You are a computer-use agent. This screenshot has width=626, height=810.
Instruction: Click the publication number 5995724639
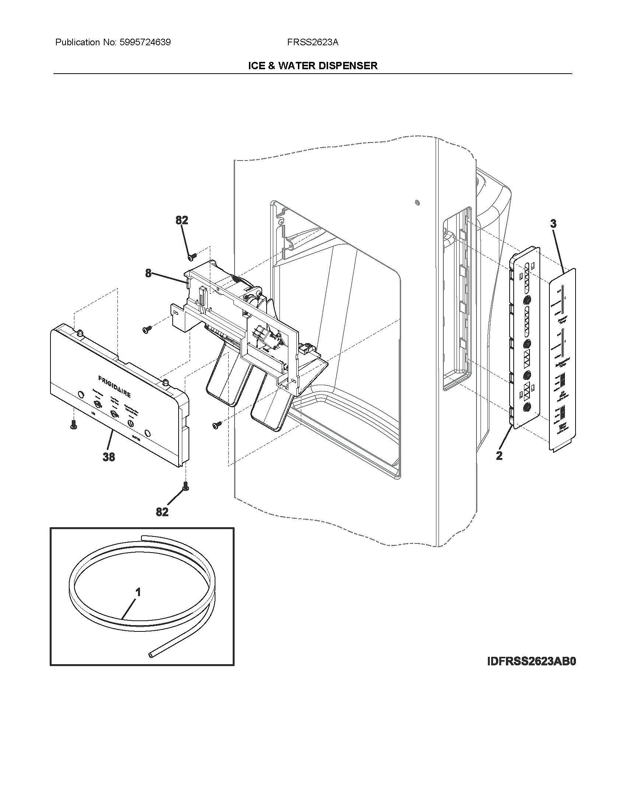tap(145, 42)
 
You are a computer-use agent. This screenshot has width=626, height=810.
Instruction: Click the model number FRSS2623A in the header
tap(312, 42)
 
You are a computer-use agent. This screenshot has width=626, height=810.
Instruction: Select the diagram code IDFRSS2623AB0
tap(531, 661)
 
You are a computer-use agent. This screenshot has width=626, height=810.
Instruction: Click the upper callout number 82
tap(182, 220)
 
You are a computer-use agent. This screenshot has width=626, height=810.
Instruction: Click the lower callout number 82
tap(162, 512)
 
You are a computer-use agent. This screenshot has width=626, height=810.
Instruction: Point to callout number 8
tap(148, 274)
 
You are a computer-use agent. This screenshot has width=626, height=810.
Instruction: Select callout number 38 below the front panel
tap(109, 457)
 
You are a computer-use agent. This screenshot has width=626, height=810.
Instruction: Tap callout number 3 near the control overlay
tap(553, 223)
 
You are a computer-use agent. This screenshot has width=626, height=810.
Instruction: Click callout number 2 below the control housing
tap(499, 455)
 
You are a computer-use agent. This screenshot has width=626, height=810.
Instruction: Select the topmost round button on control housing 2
tap(527, 300)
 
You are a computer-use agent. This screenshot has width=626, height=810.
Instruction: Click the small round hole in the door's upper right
tap(418, 202)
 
